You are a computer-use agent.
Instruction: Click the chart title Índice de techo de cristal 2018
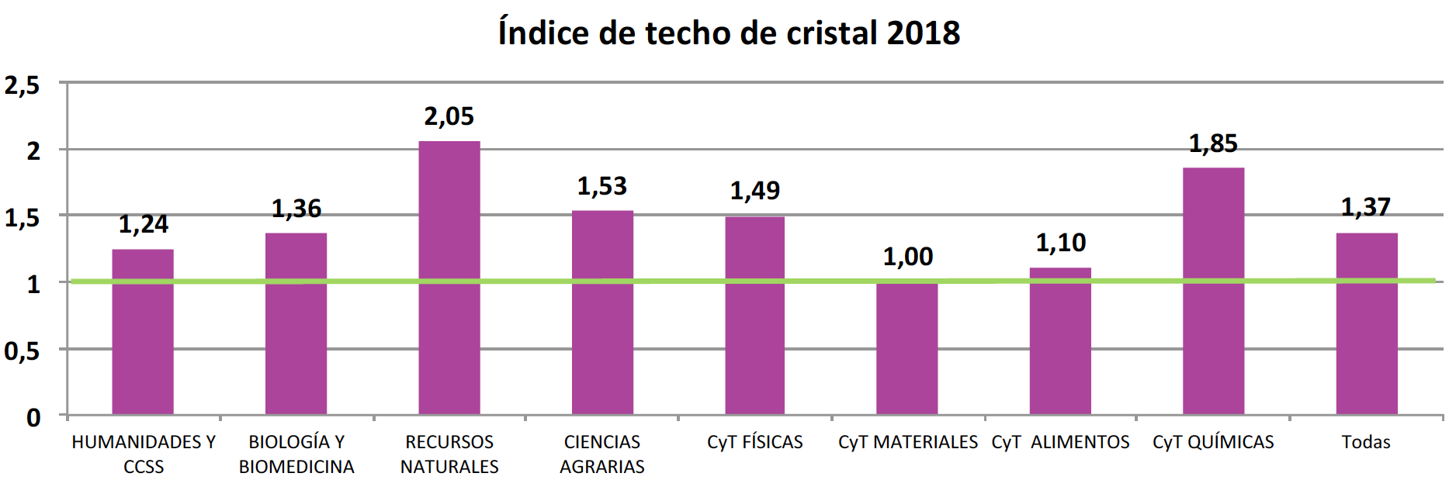pyautogui.click(x=729, y=33)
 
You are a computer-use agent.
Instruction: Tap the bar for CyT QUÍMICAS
pyautogui.click(x=1213, y=291)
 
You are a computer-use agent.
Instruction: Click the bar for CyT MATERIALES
pyautogui.click(x=907, y=349)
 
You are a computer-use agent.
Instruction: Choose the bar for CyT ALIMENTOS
pyautogui.click(x=1060, y=341)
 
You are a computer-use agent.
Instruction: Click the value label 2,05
pyautogui.click(x=449, y=117)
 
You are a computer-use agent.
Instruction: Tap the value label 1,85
pyautogui.click(x=1213, y=143)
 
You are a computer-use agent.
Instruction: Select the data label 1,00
pyautogui.click(x=908, y=257)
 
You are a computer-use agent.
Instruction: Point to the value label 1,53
pyautogui.click(x=601, y=186)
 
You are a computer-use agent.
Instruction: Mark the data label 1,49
pyautogui.click(x=754, y=191)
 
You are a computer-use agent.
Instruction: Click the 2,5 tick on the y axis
pyautogui.click(x=22, y=85)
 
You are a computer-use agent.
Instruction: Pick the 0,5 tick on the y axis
pyautogui.click(x=22, y=351)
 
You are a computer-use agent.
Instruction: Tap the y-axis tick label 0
pyautogui.click(x=33, y=418)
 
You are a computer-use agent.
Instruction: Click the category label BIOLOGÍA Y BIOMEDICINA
pyautogui.click(x=296, y=454)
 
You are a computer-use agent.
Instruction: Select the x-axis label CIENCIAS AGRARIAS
pyautogui.click(x=602, y=454)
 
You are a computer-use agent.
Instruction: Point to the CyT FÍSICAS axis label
pyautogui.click(x=754, y=442)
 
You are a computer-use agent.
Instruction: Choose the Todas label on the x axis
pyautogui.click(x=1366, y=442)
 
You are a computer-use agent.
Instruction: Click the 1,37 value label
pyautogui.click(x=1366, y=207)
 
